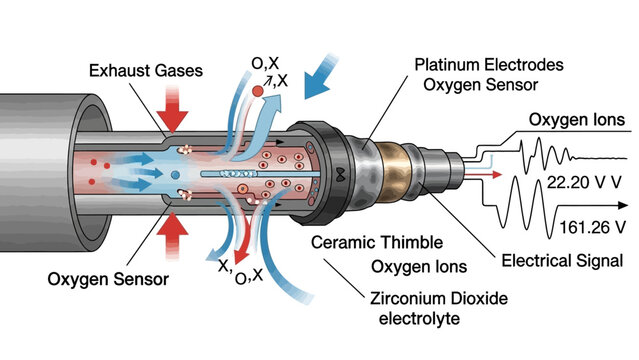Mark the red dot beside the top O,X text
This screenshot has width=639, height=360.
(259, 92)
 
